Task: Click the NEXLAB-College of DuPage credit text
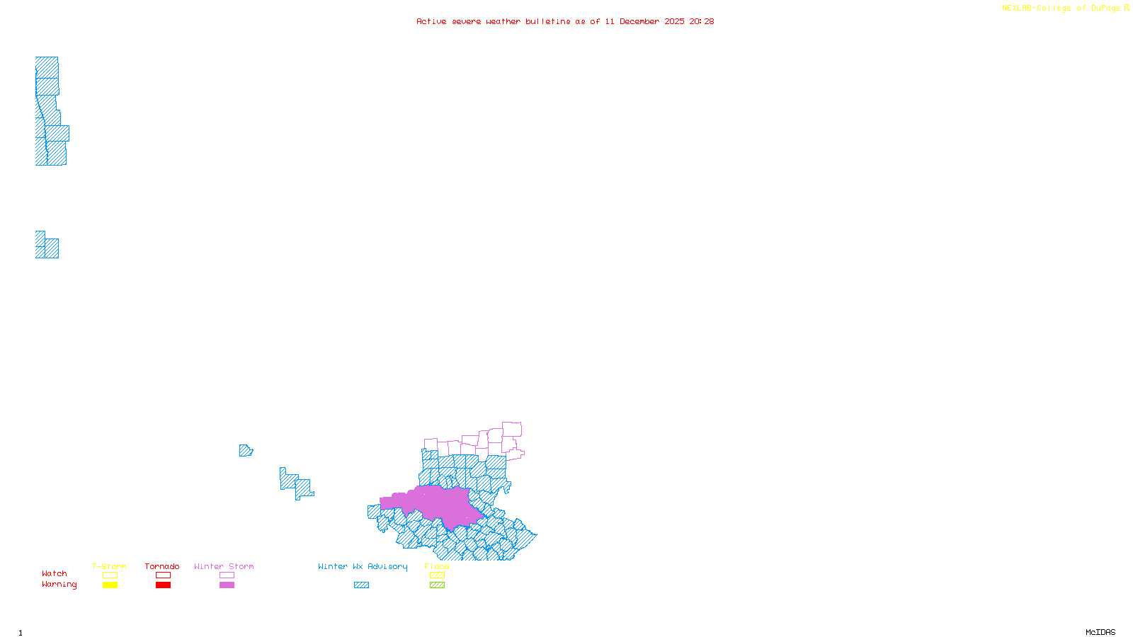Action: click(1061, 8)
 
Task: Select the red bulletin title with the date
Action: click(565, 22)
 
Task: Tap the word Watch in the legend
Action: click(55, 573)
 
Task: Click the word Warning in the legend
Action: click(59, 585)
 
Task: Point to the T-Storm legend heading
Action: click(109, 566)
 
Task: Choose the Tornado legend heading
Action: click(162, 566)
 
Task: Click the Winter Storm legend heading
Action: click(224, 566)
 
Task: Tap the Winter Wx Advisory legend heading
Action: click(363, 566)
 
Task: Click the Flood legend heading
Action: click(437, 566)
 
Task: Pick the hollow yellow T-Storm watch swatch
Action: click(110, 575)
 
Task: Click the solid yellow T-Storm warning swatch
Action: click(110, 585)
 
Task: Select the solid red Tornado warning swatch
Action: click(164, 585)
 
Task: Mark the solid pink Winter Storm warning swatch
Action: click(227, 585)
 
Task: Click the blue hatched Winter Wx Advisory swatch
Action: click(361, 585)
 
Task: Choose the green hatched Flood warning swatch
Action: click(437, 585)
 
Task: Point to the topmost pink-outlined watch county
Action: click(512, 429)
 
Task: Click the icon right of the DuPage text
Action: click(1127, 8)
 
